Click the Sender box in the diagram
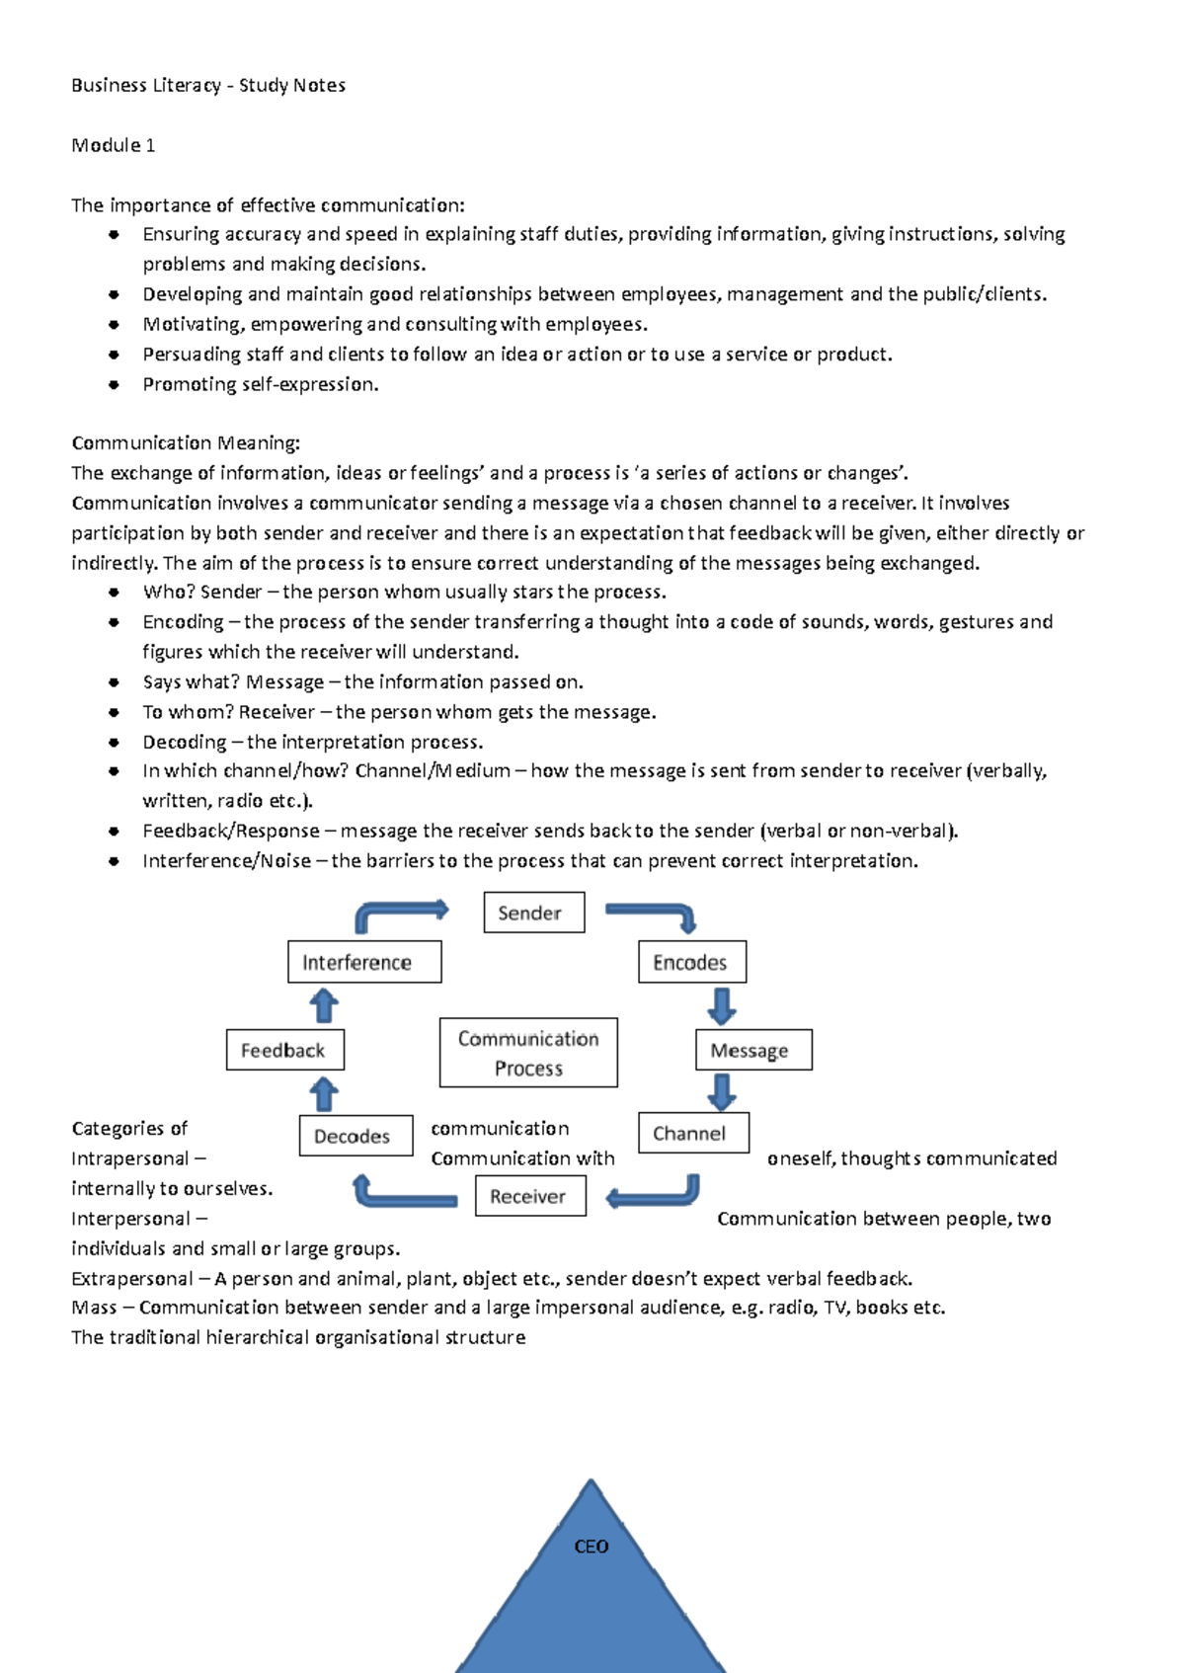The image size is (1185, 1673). pyautogui.click(x=533, y=913)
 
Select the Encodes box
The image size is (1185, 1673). pyautogui.click(x=691, y=962)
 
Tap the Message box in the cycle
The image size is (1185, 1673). pyautogui.click(x=753, y=1050)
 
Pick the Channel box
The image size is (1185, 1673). pyautogui.click(x=693, y=1133)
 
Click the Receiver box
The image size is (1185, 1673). pyautogui.click(x=530, y=1196)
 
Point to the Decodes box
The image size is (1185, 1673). pyautogui.click(x=355, y=1136)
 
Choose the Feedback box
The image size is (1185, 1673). pyautogui.click(x=284, y=1050)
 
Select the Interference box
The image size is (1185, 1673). pyautogui.click(x=363, y=962)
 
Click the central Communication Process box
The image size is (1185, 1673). pyautogui.click(x=528, y=1053)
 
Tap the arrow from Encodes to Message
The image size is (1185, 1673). pyautogui.click(x=722, y=1006)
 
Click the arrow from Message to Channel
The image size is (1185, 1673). pyautogui.click(x=722, y=1091)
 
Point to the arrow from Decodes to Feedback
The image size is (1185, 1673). pyautogui.click(x=324, y=1094)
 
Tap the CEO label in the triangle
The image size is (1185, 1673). pyautogui.click(x=591, y=1547)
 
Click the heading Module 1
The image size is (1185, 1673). pyautogui.click(x=113, y=145)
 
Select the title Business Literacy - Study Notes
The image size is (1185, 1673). pyautogui.click(x=207, y=85)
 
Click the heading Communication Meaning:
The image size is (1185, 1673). pyautogui.click(x=185, y=442)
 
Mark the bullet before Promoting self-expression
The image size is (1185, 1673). pyautogui.click(x=114, y=384)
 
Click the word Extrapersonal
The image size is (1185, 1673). pyautogui.click(x=131, y=1278)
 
